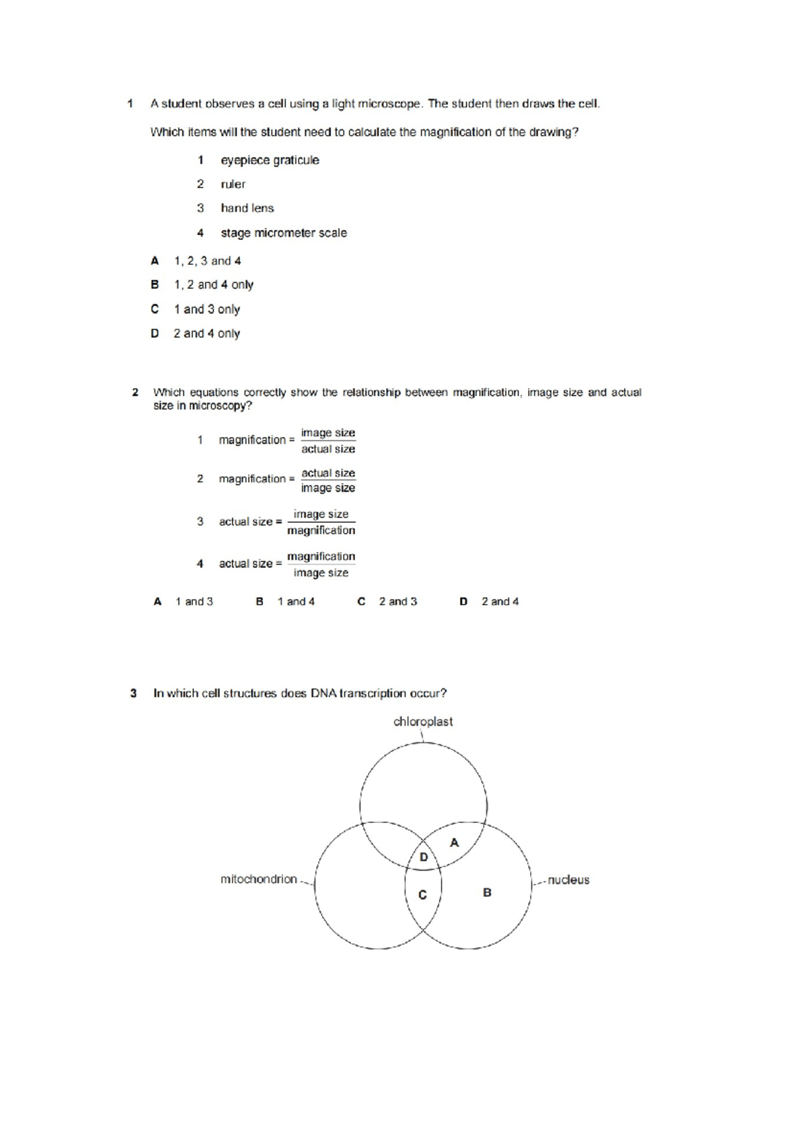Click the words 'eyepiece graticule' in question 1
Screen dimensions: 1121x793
[270, 160]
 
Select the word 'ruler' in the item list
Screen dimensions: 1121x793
[233, 184]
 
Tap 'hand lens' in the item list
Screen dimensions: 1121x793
[247, 208]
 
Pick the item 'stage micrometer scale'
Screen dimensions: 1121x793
[283, 233]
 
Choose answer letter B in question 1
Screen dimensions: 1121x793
[155, 285]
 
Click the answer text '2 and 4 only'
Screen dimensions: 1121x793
[206, 334]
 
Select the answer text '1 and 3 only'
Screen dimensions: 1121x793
[207, 309]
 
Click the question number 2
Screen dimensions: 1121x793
[135, 393]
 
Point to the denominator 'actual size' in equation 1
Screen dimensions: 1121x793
[328, 449]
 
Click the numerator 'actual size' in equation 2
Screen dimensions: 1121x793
[328, 473]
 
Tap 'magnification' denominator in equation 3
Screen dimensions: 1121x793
[321, 531]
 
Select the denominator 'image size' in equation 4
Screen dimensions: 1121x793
[321, 573]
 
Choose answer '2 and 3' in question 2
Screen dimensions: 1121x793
[398, 601]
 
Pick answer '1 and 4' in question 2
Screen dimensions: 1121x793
[296, 601]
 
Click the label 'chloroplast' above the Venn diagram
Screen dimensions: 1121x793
[423, 722]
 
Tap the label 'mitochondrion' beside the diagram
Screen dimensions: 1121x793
[258, 879]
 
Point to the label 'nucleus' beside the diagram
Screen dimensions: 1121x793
[568, 880]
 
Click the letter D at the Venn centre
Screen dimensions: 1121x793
[424, 857]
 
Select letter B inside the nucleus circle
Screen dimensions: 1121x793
[487, 892]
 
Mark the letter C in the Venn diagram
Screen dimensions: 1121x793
[423, 895]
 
